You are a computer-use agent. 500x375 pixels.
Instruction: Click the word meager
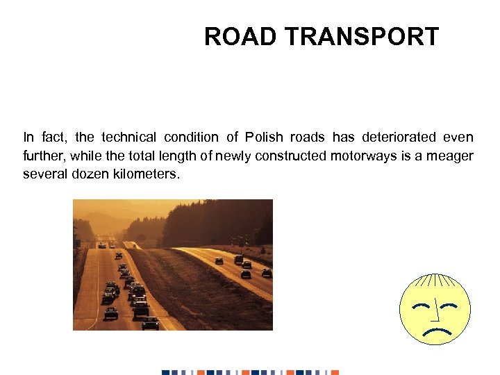pyautogui.click(x=451, y=156)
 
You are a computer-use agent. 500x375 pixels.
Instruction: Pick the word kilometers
pyautogui.click(x=145, y=174)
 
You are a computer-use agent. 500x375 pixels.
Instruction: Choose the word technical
pyautogui.click(x=128, y=137)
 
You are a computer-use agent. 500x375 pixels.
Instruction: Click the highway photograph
pyautogui.click(x=173, y=265)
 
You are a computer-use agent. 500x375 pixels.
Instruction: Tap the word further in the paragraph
pyautogui.click(x=42, y=156)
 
